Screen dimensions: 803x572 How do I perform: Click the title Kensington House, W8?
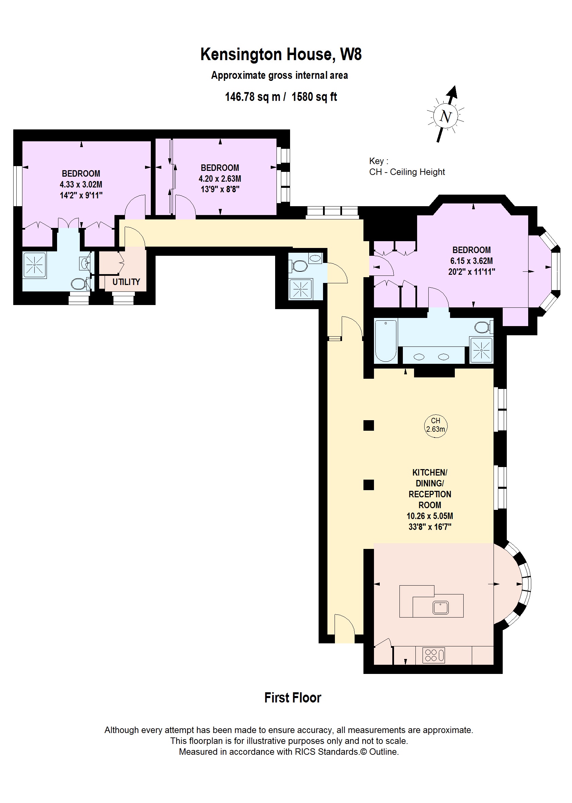click(281, 55)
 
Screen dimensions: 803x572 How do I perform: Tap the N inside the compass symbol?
click(446, 116)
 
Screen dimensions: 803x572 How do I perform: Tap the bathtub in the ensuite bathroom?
click(386, 341)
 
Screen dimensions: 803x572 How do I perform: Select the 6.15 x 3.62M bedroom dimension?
click(471, 261)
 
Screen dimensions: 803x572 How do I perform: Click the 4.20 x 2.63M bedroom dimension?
click(220, 179)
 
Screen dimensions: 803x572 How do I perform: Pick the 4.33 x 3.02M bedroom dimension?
click(81, 184)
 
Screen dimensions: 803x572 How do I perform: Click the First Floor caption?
click(293, 698)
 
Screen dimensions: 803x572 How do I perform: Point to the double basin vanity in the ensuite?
click(433, 357)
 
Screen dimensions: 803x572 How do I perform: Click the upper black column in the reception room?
click(369, 426)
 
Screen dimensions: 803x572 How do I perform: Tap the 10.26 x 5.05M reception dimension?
click(430, 516)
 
